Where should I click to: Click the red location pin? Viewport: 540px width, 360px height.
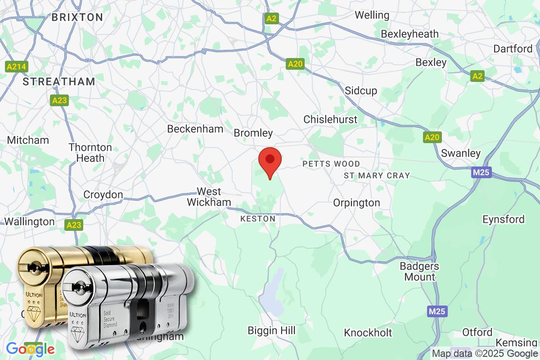pyautogui.click(x=270, y=161)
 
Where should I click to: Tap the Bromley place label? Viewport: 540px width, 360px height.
pyautogui.click(x=253, y=133)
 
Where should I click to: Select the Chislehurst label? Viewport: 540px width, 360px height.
pyautogui.click(x=330, y=119)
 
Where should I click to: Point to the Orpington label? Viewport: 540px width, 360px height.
pyautogui.click(x=356, y=203)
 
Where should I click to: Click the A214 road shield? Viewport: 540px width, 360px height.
pyautogui.click(x=17, y=67)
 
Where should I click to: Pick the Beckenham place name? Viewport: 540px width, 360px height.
pyautogui.click(x=195, y=129)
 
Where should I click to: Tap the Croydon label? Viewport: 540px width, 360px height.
pyautogui.click(x=103, y=195)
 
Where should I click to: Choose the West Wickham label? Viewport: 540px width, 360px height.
pyautogui.click(x=209, y=197)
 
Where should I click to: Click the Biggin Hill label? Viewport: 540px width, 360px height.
pyautogui.click(x=272, y=331)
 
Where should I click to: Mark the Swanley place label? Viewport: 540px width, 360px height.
pyautogui.click(x=461, y=153)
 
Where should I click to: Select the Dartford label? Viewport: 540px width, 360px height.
pyautogui.click(x=513, y=49)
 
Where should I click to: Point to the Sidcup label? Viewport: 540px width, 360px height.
pyautogui.click(x=361, y=91)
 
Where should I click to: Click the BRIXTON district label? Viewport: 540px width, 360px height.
pyautogui.click(x=77, y=18)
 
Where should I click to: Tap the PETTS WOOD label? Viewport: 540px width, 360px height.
pyautogui.click(x=331, y=164)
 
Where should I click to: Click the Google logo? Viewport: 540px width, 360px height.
pyautogui.click(x=30, y=349)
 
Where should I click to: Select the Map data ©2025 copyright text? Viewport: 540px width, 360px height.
pyautogui.click(x=485, y=354)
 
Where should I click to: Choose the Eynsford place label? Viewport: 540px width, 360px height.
pyautogui.click(x=503, y=220)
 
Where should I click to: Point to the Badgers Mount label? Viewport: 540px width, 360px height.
pyautogui.click(x=419, y=271)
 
